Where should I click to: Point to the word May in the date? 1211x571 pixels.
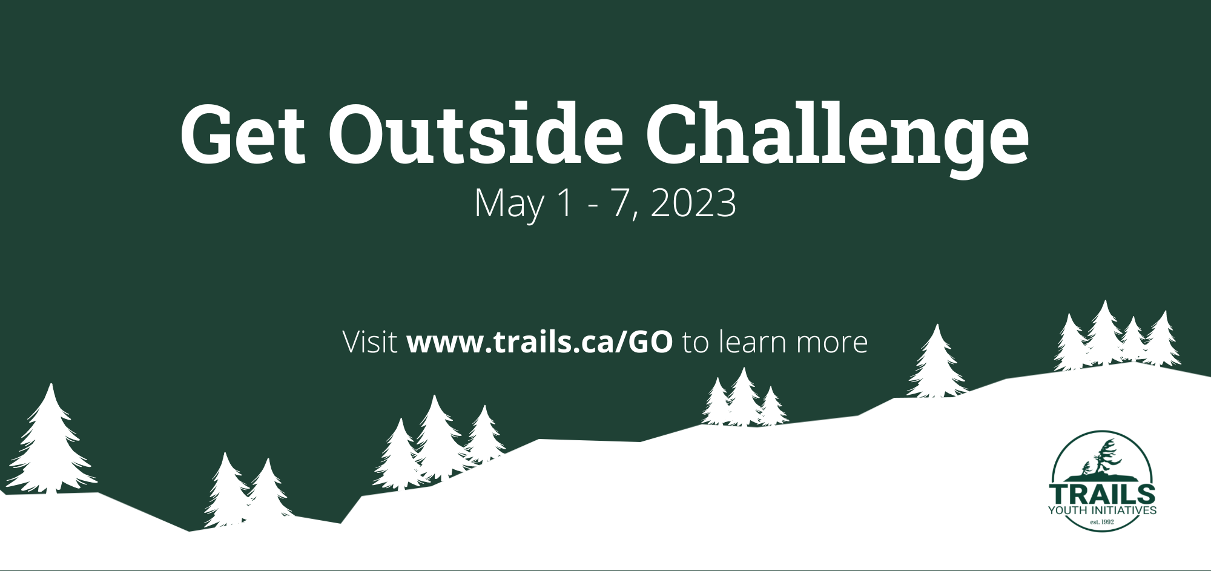[x=509, y=203]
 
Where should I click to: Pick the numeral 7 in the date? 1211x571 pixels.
[x=624, y=203]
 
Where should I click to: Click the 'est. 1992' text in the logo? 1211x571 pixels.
[x=1102, y=521]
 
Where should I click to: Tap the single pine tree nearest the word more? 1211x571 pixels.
[x=937, y=363]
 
